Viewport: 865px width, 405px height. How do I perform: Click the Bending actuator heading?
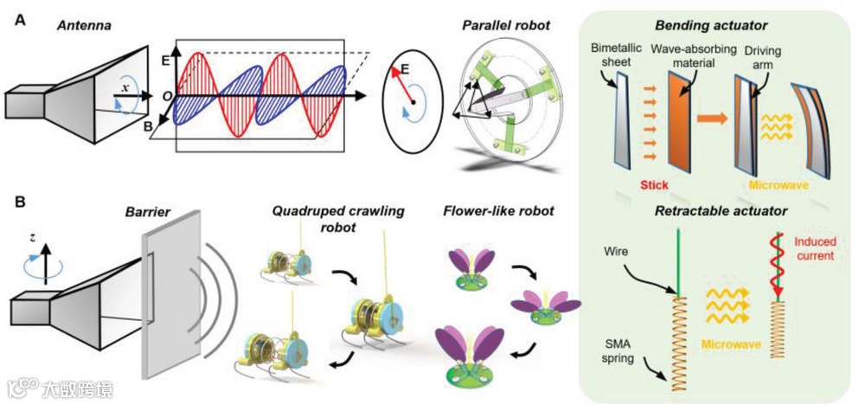724,20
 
